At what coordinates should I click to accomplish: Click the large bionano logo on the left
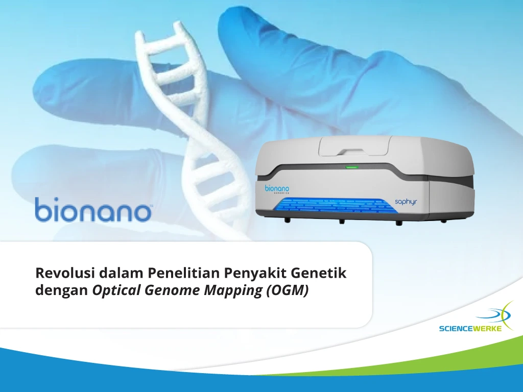pyautogui.click(x=93, y=209)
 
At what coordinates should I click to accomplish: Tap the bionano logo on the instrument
pyautogui.click(x=277, y=189)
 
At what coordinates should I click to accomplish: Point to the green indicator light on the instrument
pyautogui.click(x=351, y=167)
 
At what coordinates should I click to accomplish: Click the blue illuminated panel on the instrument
pyautogui.click(x=335, y=206)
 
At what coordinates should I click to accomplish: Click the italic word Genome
pyautogui.click(x=172, y=290)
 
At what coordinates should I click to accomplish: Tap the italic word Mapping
pyautogui.click(x=233, y=291)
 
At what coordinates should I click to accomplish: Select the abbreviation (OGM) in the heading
pyautogui.click(x=287, y=291)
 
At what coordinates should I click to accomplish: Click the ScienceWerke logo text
pyautogui.click(x=470, y=329)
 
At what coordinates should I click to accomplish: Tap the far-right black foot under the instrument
pyautogui.click(x=443, y=221)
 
